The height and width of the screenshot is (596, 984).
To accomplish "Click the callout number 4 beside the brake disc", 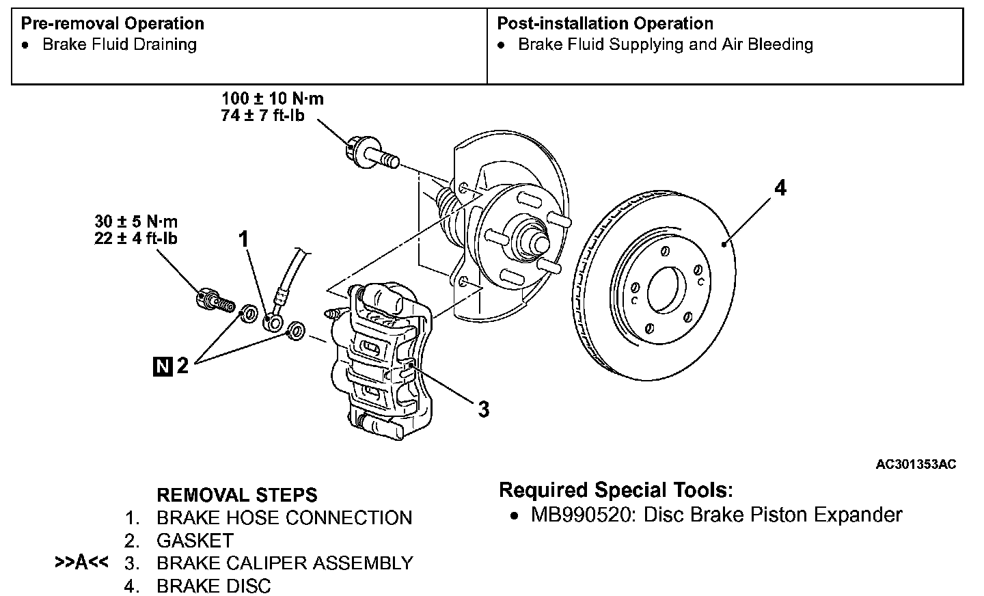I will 780,187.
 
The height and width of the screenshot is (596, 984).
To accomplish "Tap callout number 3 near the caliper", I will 483,409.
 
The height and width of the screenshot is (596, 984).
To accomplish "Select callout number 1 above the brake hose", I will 243,239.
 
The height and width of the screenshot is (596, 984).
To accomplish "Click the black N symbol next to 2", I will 163,366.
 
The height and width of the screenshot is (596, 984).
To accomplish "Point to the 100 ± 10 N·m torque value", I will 273,98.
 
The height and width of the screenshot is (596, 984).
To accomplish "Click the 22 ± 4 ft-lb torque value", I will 136,239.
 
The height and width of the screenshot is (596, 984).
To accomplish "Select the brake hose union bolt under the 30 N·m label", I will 213,301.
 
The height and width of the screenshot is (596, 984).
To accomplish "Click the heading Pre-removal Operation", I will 112,23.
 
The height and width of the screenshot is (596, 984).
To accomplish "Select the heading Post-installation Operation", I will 605,23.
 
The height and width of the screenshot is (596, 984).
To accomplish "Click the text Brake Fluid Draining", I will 120,44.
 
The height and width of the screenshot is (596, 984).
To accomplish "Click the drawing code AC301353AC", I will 916,465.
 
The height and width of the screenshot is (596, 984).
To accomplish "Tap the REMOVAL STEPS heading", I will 237,495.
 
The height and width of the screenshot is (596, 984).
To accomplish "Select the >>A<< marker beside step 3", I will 81,563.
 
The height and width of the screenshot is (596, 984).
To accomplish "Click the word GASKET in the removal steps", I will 195,541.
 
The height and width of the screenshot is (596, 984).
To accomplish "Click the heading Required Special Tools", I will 616,490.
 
